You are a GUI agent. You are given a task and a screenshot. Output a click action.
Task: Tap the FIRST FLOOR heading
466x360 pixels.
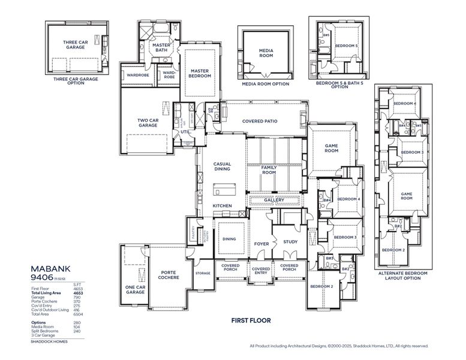(x=251, y=320)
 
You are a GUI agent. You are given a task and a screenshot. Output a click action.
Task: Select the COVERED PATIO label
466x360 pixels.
(x=260, y=121)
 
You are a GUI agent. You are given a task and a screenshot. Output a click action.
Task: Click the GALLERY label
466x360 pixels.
(x=274, y=200)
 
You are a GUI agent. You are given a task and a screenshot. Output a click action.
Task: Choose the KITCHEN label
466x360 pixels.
(x=222, y=206)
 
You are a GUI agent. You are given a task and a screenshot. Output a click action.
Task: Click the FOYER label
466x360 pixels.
(x=261, y=244)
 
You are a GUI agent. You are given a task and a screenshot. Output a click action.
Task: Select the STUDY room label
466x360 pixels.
(x=291, y=242)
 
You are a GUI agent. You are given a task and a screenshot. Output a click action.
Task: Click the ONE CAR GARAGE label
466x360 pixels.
(x=136, y=290)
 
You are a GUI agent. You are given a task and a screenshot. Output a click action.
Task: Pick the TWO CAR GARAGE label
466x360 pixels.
(x=148, y=122)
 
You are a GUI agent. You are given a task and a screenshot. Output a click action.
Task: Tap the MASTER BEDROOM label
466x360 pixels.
(x=199, y=73)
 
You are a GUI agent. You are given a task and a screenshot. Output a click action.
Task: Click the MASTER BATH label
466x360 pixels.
(x=161, y=47)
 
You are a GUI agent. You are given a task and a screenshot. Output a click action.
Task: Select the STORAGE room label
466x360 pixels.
(x=202, y=273)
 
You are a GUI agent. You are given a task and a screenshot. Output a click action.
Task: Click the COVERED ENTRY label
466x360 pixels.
(x=260, y=271)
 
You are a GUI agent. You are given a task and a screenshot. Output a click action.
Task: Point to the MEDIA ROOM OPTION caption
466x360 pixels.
(x=265, y=85)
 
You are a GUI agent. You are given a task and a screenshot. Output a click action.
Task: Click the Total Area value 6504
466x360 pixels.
(x=78, y=314)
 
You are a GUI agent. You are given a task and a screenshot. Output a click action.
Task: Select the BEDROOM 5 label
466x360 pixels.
(x=345, y=46)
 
